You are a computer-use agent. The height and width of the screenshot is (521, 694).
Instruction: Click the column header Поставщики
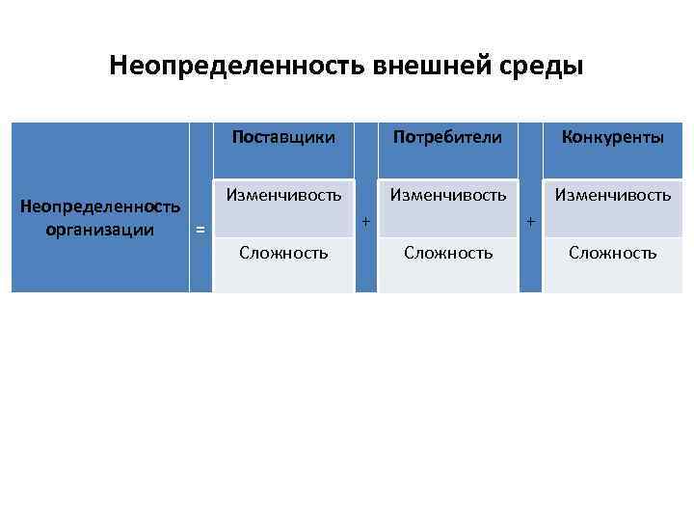tap(283, 137)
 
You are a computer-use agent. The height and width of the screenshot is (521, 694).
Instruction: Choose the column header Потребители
tap(447, 137)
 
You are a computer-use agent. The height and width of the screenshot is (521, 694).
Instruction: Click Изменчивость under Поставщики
tap(283, 195)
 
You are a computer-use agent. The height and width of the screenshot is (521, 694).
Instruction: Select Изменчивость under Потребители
tap(447, 195)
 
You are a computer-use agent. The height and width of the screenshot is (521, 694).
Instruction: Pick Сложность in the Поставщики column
tap(283, 253)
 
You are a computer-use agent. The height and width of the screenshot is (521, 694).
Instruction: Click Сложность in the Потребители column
tap(447, 253)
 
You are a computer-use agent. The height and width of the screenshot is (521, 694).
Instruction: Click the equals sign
tap(200, 230)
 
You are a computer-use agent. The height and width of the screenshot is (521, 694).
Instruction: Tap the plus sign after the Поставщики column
tap(365, 223)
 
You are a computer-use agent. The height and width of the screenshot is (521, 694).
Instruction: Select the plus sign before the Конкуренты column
tap(530, 223)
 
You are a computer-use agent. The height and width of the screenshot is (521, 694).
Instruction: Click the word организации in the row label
tap(100, 229)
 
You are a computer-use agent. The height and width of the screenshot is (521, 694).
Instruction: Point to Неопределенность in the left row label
tap(100, 206)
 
